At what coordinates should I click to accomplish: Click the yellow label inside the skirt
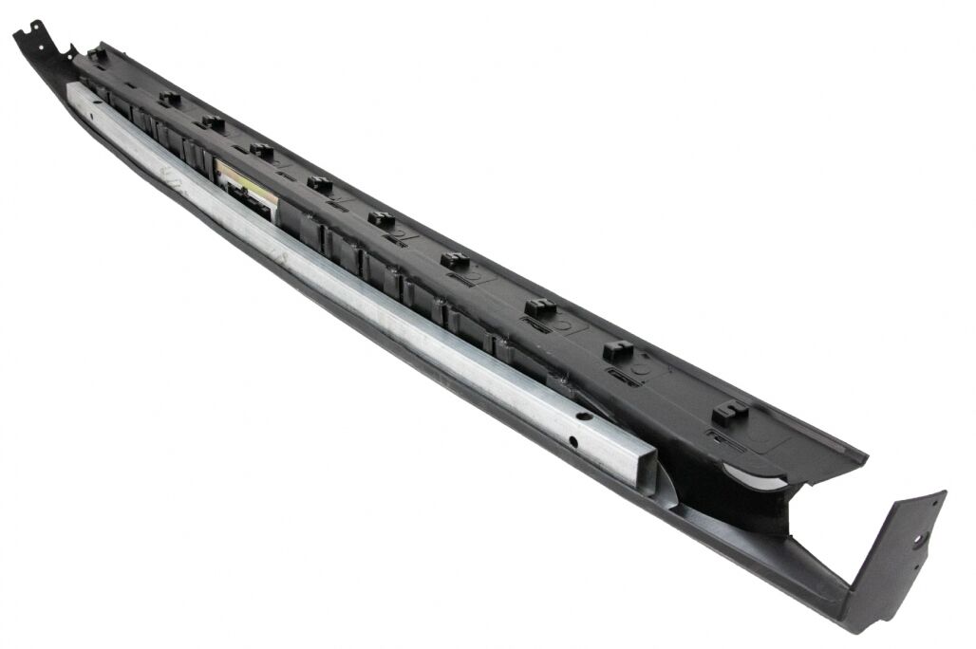244,181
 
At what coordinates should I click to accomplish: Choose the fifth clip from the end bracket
382,219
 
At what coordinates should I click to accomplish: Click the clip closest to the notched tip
97,53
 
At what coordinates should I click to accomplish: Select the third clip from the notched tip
213,122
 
